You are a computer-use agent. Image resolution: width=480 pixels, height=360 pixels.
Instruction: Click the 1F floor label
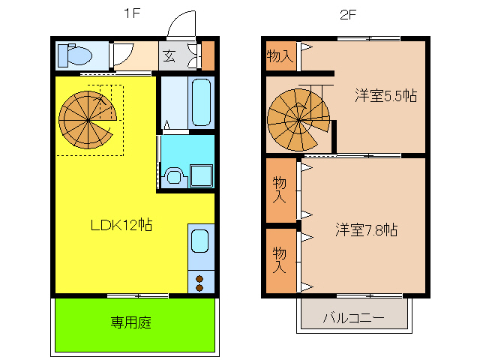click(x=130, y=13)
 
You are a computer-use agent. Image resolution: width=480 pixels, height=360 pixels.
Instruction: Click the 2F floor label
click(x=346, y=13)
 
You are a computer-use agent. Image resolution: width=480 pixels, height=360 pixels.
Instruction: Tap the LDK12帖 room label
click(x=121, y=224)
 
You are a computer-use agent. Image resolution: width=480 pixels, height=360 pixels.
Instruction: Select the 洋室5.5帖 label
click(x=385, y=96)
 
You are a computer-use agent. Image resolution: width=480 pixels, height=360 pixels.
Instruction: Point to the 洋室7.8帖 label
click(x=366, y=230)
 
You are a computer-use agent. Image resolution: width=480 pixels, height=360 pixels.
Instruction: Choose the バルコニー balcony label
click(x=353, y=318)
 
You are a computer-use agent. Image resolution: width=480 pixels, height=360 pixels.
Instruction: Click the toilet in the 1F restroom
click(x=75, y=54)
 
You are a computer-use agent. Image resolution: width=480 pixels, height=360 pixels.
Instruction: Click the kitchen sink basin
click(x=200, y=241)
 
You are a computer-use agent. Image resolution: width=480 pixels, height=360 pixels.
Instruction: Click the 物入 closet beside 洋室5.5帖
click(x=280, y=55)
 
